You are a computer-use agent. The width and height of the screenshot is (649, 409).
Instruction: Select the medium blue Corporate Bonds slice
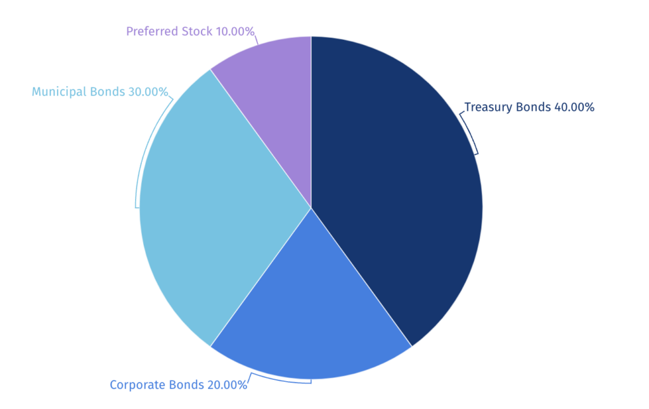tap(311, 317)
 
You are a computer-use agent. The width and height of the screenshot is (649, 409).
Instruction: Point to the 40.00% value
tap(574, 107)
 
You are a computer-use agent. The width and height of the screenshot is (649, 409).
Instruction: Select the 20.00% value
tap(227, 385)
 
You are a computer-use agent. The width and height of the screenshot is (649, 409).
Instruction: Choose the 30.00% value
tap(148, 92)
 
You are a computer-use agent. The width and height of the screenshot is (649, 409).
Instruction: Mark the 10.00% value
tap(235, 31)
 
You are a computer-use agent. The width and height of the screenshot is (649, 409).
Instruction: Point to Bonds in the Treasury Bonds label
tap(534, 107)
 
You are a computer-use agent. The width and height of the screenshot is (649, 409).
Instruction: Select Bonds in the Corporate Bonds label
tap(186, 385)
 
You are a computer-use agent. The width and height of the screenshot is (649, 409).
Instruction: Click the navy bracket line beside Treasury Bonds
tap(472, 133)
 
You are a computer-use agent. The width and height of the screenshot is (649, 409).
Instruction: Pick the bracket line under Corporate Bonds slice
tap(279, 381)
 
